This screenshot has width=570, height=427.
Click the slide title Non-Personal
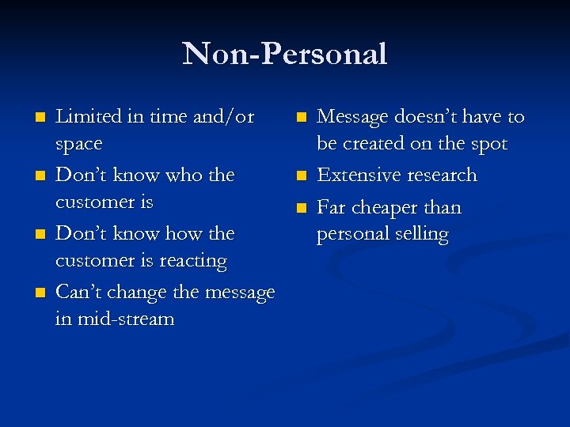285,54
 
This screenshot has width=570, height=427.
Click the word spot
488,145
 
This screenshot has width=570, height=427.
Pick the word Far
332,207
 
